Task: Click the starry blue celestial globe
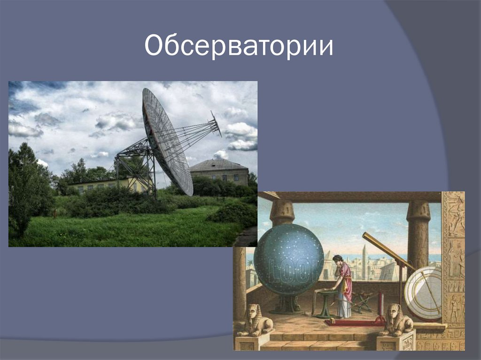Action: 288,259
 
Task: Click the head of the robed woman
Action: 338,259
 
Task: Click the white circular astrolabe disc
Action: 423,292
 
